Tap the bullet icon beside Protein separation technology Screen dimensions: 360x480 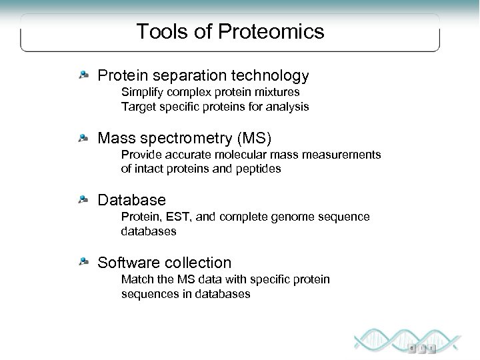[83, 76]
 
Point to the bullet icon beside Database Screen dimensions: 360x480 [83, 200]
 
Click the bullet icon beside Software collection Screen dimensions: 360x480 [83, 262]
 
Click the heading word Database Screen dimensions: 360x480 [131, 200]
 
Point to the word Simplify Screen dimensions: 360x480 [141, 92]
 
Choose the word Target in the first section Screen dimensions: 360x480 [138, 106]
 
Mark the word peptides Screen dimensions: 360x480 [259, 169]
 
